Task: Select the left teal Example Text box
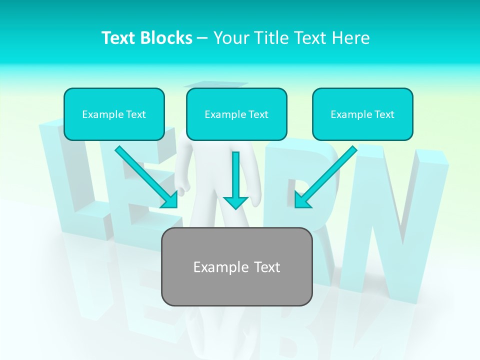(x=114, y=114)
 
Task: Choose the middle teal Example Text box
(x=236, y=114)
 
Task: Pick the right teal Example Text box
(x=362, y=114)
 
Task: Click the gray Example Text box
(x=236, y=266)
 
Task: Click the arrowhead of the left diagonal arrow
(x=170, y=200)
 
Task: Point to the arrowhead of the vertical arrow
(x=235, y=202)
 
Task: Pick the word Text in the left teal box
(x=135, y=114)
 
